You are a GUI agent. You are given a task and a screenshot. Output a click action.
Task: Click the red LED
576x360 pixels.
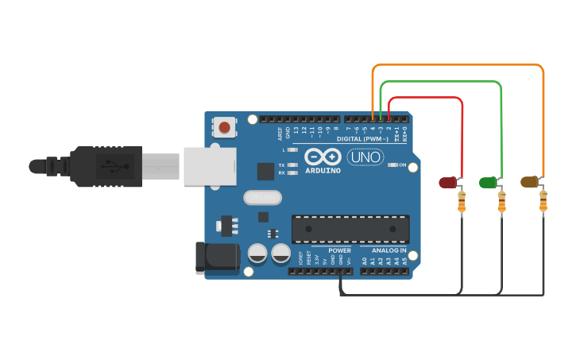click(x=448, y=182)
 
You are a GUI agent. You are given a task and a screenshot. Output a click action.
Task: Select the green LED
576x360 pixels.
click(x=488, y=182)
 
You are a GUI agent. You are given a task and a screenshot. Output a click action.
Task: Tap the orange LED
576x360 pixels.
click(x=529, y=182)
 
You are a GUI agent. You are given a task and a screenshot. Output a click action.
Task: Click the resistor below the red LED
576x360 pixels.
click(x=462, y=203)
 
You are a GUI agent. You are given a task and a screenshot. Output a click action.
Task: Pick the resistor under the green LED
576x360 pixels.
click(x=501, y=203)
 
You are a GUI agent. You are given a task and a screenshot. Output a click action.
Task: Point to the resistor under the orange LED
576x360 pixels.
click(x=543, y=203)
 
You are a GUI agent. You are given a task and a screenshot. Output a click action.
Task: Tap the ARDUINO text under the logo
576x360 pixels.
click(x=323, y=170)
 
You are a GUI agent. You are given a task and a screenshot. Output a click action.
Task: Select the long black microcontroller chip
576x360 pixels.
click(x=350, y=228)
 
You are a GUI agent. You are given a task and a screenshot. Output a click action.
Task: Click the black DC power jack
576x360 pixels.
click(x=217, y=258)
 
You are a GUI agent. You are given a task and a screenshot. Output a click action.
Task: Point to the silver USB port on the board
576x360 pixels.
click(x=211, y=166)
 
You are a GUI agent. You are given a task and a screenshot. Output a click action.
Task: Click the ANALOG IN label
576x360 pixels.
click(x=389, y=250)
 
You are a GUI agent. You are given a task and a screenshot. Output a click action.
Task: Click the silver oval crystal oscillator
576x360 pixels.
click(x=263, y=198)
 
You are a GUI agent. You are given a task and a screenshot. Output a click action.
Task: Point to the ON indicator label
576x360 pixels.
click(x=413, y=165)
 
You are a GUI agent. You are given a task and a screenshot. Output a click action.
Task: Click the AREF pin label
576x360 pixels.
click(x=280, y=132)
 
